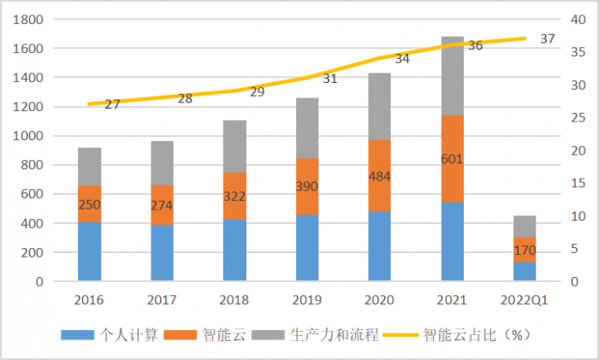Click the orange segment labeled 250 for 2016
[90, 204]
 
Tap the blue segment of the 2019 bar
[307, 248]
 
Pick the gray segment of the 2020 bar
[380, 106]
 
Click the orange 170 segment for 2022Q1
[525, 250]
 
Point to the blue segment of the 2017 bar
[163, 252]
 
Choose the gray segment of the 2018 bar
[235, 146]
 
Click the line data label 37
[548, 38]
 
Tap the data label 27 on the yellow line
[112, 104]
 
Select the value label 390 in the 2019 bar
[307, 186]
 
